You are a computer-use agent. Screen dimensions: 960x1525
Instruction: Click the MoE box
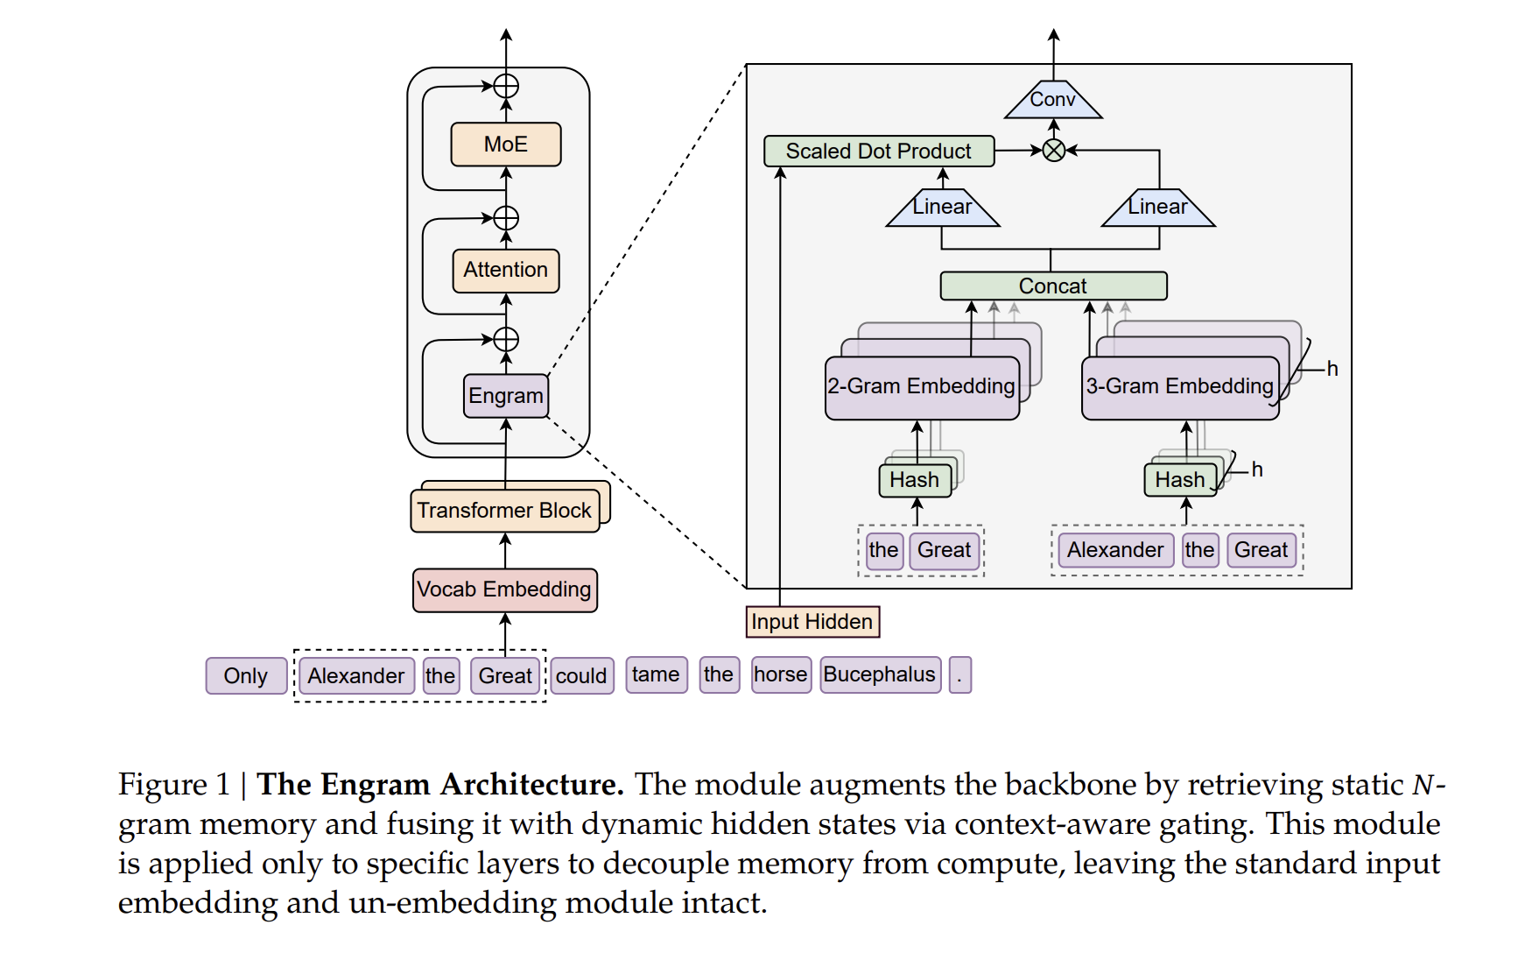[x=505, y=145]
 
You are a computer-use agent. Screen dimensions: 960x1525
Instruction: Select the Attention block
[x=505, y=270]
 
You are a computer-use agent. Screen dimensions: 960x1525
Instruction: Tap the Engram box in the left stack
[x=505, y=396]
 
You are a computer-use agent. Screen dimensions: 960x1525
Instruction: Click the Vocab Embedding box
[x=504, y=589]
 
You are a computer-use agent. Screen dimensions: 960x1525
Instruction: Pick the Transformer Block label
[x=504, y=511]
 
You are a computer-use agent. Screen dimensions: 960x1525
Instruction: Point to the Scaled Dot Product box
[x=878, y=152]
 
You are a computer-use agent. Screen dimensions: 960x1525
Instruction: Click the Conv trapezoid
[x=1052, y=101]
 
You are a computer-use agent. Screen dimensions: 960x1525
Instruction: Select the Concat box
[x=1052, y=286]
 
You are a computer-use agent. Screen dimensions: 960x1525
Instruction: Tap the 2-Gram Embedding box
[x=921, y=387]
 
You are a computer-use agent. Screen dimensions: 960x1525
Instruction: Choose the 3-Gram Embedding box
[x=1179, y=387]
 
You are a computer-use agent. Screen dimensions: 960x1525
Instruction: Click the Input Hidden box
[x=812, y=622]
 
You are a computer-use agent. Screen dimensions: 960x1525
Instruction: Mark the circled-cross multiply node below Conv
[x=1053, y=151]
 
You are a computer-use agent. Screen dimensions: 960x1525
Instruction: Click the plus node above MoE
[x=506, y=86]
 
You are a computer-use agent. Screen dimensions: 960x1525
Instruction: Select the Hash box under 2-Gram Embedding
[x=914, y=480]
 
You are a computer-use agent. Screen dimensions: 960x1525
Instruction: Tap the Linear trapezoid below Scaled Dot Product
[x=942, y=208]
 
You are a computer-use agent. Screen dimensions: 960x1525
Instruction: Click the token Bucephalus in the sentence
[x=880, y=675]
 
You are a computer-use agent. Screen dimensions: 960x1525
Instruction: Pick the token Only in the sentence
[x=245, y=676]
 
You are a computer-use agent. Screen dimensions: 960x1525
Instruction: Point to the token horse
[x=780, y=675]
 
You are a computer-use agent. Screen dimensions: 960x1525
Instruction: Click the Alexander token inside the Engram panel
[x=1114, y=551]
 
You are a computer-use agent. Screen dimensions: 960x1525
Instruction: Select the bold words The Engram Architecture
[x=439, y=785]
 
